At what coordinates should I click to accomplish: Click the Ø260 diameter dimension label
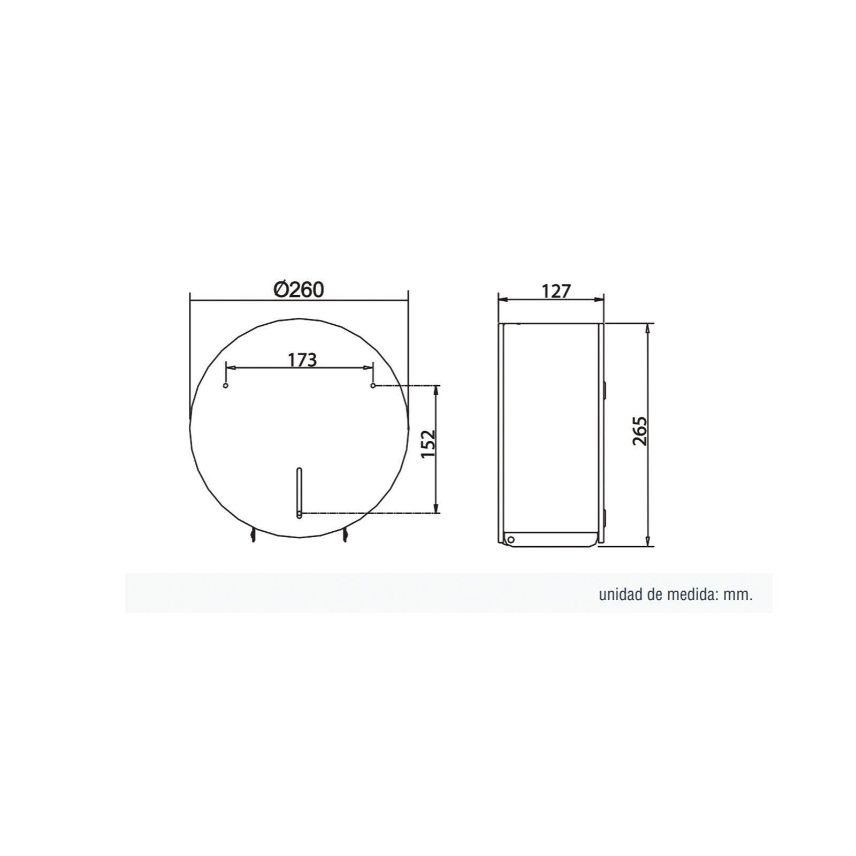click(299, 289)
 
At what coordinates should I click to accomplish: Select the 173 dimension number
click(303, 360)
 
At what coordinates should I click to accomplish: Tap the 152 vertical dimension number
click(429, 444)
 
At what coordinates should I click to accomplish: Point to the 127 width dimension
click(556, 291)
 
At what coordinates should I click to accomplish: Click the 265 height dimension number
click(640, 431)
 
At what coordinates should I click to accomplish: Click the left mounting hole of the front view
click(226, 385)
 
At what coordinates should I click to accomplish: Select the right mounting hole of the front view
click(373, 385)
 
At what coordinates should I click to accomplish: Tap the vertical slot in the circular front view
click(299, 493)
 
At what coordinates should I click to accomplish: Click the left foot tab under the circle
click(253, 534)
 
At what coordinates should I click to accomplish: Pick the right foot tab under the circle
click(345, 534)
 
